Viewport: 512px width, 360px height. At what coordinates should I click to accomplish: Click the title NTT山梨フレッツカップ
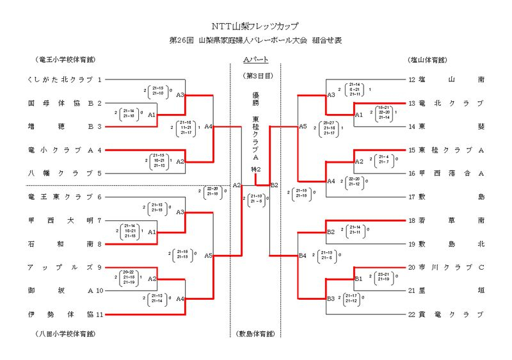(x=255, y=27)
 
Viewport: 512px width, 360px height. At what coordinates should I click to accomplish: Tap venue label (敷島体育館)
(x=255, y=334)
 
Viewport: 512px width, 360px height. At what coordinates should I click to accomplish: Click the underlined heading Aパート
(x=255, y=60)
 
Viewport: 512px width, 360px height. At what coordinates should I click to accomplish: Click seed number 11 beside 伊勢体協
(x=100, y=314)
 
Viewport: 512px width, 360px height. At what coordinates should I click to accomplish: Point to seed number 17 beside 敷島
(x=412, y=197)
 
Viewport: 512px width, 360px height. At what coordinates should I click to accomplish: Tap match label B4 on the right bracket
(x=303, y=256)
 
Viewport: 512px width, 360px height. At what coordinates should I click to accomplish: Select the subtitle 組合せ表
(x=327, y=40)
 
